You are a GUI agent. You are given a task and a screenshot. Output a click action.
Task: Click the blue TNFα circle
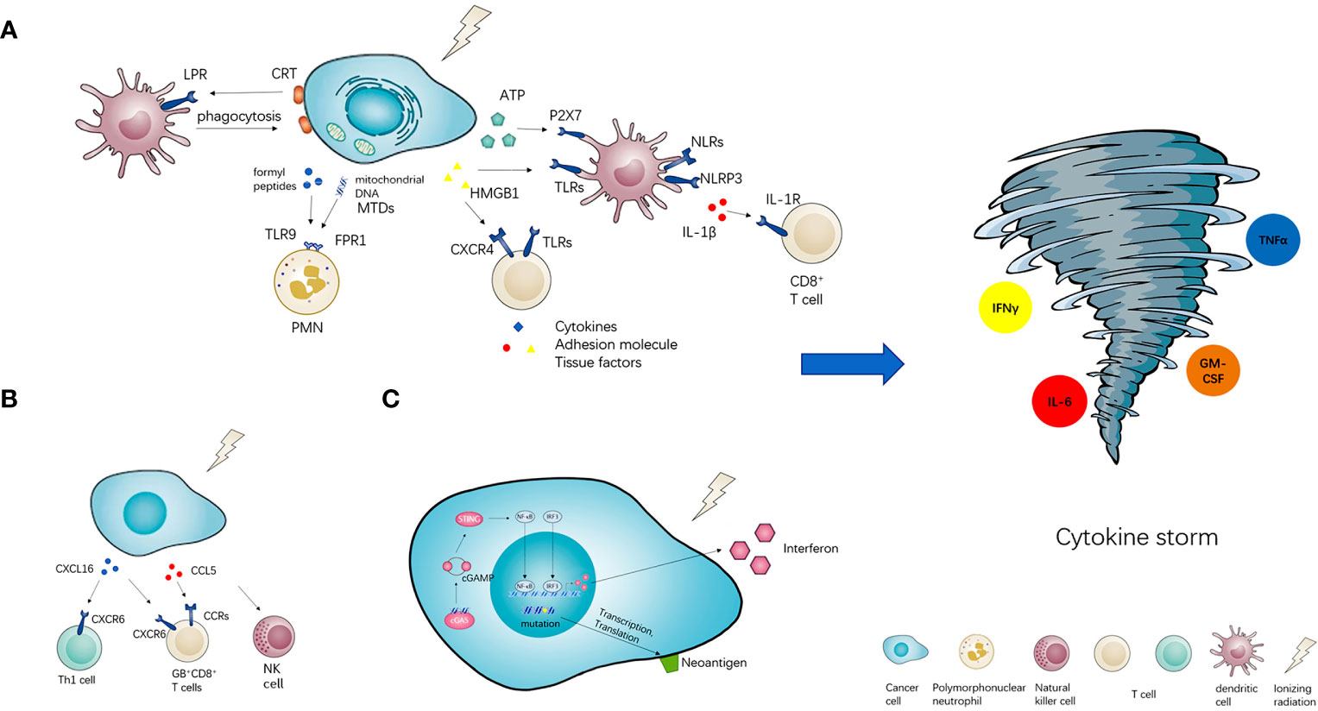(x=1272, y=239)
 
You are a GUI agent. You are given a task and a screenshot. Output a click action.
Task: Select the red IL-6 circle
(x=1059, y=402)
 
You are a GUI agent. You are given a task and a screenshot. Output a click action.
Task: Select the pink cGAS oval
(x=461, y=619)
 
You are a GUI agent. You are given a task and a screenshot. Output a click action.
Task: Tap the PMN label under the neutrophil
(x=306, y=327)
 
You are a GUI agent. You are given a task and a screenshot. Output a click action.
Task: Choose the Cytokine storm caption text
(x=1136, y=538)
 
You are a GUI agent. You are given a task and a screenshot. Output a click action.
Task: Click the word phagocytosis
(x=238, y=116)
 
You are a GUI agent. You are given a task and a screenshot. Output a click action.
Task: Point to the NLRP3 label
(x=721, y=179)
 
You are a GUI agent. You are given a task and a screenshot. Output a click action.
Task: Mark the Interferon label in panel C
(x=810, y=548)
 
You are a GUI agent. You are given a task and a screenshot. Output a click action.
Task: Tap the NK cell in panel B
(x=274, y=639)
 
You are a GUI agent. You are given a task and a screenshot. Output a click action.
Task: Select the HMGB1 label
(x=495, y=193)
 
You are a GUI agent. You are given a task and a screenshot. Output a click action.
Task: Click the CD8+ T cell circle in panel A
(x=811, y=233)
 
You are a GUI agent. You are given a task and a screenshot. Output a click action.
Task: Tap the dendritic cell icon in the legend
(x=1235, y=654)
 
